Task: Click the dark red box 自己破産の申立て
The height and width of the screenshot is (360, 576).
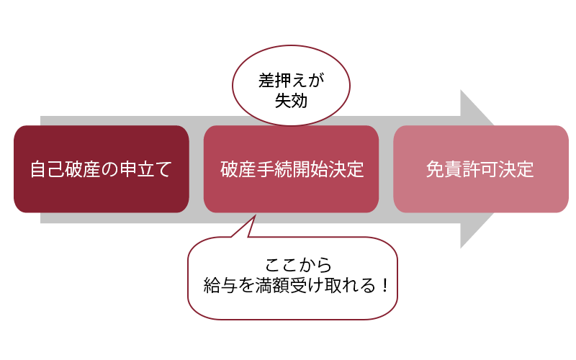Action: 102,169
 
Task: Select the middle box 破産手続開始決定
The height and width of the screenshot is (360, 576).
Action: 292,169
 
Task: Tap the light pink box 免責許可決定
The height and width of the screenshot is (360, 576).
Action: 481,169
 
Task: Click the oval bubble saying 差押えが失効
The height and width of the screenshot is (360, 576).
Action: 291,86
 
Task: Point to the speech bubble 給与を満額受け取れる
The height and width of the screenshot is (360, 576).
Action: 293,278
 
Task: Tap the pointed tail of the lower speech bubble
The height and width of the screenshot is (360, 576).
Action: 255,216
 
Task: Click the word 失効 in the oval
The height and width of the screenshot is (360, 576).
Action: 292,100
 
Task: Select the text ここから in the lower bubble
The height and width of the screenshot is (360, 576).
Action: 298,265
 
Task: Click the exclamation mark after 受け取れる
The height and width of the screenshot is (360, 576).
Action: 384,285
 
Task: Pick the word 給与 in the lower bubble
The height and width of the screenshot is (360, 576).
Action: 220,285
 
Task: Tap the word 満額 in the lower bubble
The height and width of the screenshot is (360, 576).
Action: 272,285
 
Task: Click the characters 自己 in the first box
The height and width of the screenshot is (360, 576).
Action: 48,169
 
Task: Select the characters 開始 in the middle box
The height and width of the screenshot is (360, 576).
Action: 310,169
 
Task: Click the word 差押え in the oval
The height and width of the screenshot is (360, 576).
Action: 282,81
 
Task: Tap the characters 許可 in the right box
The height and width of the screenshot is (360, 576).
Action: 480,169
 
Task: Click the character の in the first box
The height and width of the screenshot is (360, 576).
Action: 110,169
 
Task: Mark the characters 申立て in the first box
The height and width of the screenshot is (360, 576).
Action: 145,169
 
